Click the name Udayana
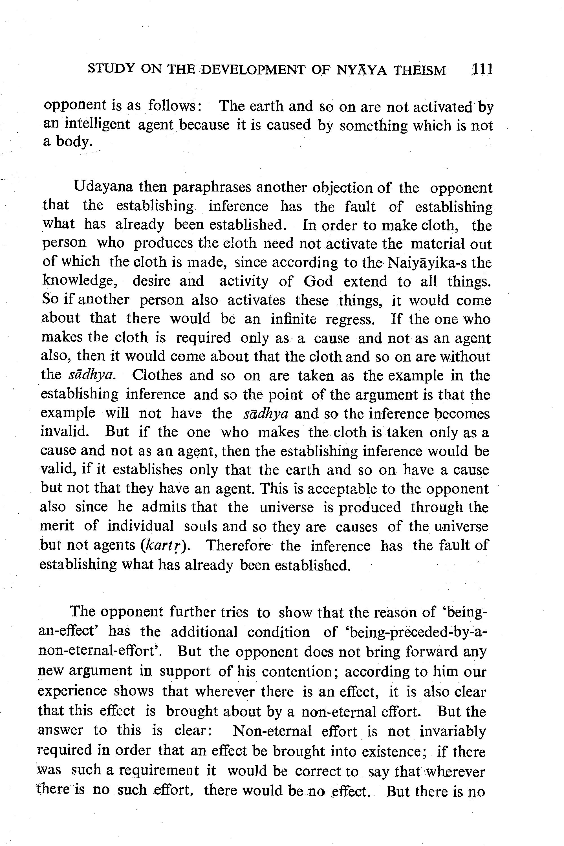point(103,187)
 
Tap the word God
point(318,281)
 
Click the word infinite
point(293,319)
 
